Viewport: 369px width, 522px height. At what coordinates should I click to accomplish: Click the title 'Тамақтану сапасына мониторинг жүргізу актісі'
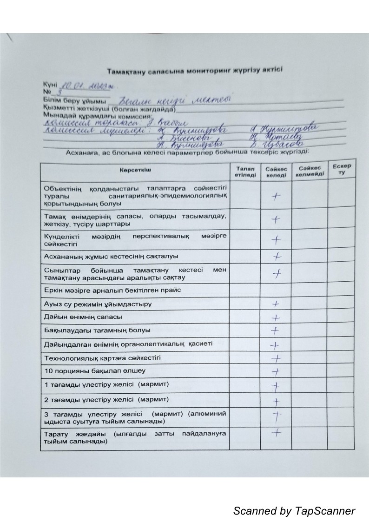click(194, 71)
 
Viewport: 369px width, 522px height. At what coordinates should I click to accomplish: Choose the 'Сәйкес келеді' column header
click(276, 172)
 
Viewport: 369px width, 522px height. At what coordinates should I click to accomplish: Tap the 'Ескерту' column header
click(341, 170)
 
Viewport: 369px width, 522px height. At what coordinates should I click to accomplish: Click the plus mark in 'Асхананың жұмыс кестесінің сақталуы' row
click(277, 256)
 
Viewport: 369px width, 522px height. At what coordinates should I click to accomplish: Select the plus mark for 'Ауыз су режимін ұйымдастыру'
click(276, 304)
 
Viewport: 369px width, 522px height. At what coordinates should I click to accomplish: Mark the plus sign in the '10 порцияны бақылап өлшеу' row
click(276, 371)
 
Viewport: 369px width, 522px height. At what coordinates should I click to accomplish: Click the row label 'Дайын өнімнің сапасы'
click(83, 317)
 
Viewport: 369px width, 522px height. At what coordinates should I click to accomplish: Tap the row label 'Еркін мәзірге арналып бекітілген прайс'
click(112, 290)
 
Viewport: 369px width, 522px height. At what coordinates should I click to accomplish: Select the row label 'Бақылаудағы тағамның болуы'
click(97, 330)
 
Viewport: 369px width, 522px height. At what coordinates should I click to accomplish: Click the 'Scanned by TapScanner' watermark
click(294, 511)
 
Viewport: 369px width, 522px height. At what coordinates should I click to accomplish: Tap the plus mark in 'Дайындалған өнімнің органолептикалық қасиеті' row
click(275, 345)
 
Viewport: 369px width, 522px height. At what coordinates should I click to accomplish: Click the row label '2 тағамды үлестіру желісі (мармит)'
click(106, 399)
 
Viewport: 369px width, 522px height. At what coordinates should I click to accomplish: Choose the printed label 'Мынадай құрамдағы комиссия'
click(98, 116)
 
